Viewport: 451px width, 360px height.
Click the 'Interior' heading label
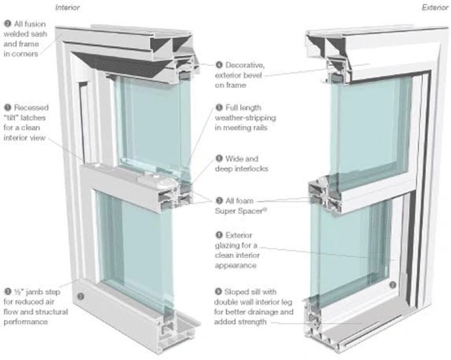pos(67,8)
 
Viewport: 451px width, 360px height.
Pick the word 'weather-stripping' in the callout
pos(245,118)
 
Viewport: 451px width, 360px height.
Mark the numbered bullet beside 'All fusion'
pos(7,24)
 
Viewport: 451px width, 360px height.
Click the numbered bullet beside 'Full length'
pos(219,107)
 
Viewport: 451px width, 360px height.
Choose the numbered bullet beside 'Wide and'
pos(219,158)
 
